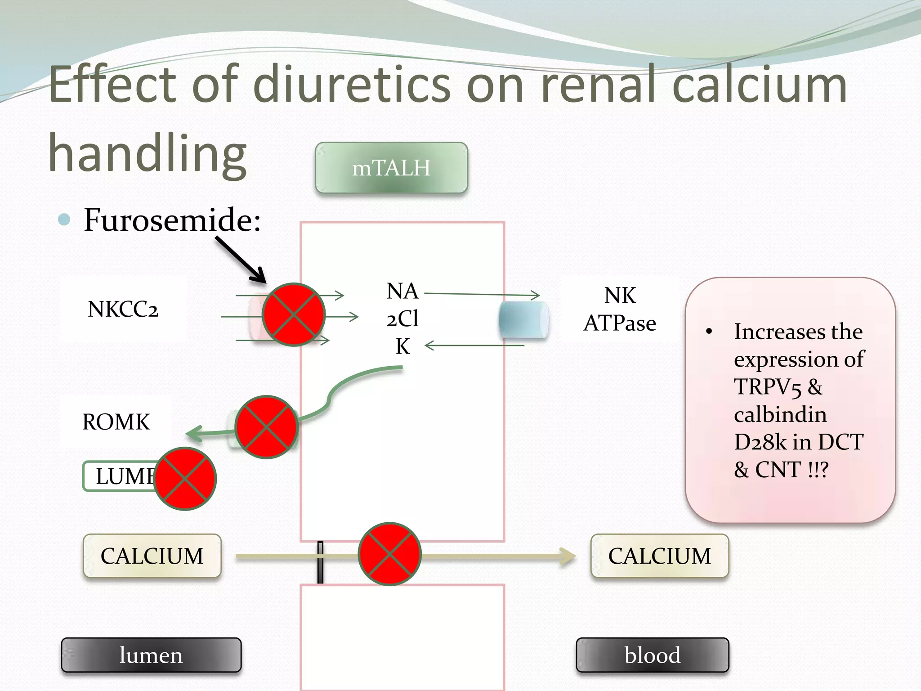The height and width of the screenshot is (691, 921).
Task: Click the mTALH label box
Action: (x=391, y=168)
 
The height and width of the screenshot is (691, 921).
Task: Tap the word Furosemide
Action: (x=171, y=220)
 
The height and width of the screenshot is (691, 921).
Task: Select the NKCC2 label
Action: (x=123, y=310)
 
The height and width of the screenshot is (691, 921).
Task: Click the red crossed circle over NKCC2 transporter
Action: (x=294, y=314)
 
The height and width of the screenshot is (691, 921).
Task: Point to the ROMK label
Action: (x=116, y=422)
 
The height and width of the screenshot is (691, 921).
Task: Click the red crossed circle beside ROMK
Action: (x=267, y=427)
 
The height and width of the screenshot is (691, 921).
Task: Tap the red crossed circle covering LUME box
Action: (x=185, y=479)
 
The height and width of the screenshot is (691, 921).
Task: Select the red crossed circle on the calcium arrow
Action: (x=389, y=554)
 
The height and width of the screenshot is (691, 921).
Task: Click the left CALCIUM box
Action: (x=152, y=556)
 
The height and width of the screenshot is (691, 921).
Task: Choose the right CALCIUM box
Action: (x=659, y=556)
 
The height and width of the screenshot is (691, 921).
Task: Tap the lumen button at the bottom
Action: (x=151, y=655)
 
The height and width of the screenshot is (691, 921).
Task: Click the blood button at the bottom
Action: (x=652, y=655)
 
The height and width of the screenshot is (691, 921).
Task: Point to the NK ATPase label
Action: (x=620, y=310)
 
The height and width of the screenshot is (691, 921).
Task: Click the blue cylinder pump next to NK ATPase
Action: (x=523, y=319)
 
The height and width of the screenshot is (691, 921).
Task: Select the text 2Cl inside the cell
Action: (x=402, y=319)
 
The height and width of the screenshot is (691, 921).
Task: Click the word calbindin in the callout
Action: (x=780, y=414)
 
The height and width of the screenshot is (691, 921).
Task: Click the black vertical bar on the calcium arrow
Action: (x=320, y=562)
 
